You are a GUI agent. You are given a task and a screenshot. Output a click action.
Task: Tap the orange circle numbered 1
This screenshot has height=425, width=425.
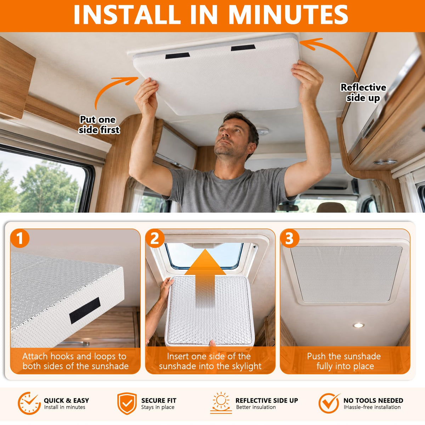click(x=20, y=238)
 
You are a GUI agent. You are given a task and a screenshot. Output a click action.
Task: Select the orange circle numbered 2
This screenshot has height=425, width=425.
click(x=155, y=238)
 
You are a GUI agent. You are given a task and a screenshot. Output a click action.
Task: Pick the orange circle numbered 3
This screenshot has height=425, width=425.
click(x=290, y=238)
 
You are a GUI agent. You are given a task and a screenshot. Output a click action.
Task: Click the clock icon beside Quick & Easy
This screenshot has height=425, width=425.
click(x=29, y=403)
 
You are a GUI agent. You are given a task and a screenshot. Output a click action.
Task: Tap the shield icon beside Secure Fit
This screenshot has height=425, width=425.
click(x=127, y=403)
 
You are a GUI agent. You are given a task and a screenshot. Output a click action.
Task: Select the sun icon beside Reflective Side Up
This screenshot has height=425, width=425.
click(x=221, y=403)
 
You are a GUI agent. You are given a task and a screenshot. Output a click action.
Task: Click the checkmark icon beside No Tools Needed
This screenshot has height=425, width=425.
click(x=329, y=403)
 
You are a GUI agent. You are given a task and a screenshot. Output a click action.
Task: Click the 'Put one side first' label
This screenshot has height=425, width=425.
click(x=99, y=125)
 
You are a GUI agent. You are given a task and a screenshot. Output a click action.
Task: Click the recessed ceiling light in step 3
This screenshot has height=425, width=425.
click(x=358, y=325)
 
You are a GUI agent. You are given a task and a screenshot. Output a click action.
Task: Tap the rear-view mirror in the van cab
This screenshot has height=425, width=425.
click(x=287, y=208)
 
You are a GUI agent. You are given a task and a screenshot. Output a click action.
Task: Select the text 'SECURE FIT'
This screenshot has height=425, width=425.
click(x=159, y=400)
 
